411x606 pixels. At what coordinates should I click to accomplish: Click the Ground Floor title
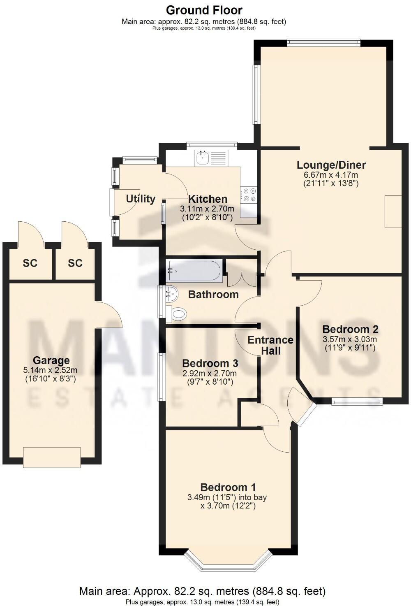(x=204, y=10)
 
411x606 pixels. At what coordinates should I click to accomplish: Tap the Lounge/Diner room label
(x=331, y=165)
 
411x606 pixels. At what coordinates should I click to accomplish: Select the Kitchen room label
(x=208, y=199)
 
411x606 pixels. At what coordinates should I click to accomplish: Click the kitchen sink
(x=203, y=157)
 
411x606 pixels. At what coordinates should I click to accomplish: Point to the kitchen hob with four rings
(x=249, y=195)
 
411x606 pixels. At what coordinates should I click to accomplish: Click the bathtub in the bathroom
(x=194, y=271)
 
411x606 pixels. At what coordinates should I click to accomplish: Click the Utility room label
(x=141, y=199)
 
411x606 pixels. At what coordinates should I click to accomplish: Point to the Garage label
(x=51, y=361)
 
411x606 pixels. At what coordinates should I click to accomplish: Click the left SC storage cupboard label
(x=30, y=263)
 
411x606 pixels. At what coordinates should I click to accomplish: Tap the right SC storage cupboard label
(x=75, y=263)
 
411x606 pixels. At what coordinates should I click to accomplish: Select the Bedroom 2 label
(x=350, y=329)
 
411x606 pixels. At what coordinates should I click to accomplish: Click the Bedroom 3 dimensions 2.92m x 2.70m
(x=209, y=374)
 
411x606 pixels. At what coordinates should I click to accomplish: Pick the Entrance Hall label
(x=270, y=345)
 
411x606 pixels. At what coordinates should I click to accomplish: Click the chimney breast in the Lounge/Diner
(x=393, y=211)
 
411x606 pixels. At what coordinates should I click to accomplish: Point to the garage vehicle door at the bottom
(x=52, y=457)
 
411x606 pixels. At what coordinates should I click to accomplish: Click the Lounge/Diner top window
(x=323, y=41)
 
